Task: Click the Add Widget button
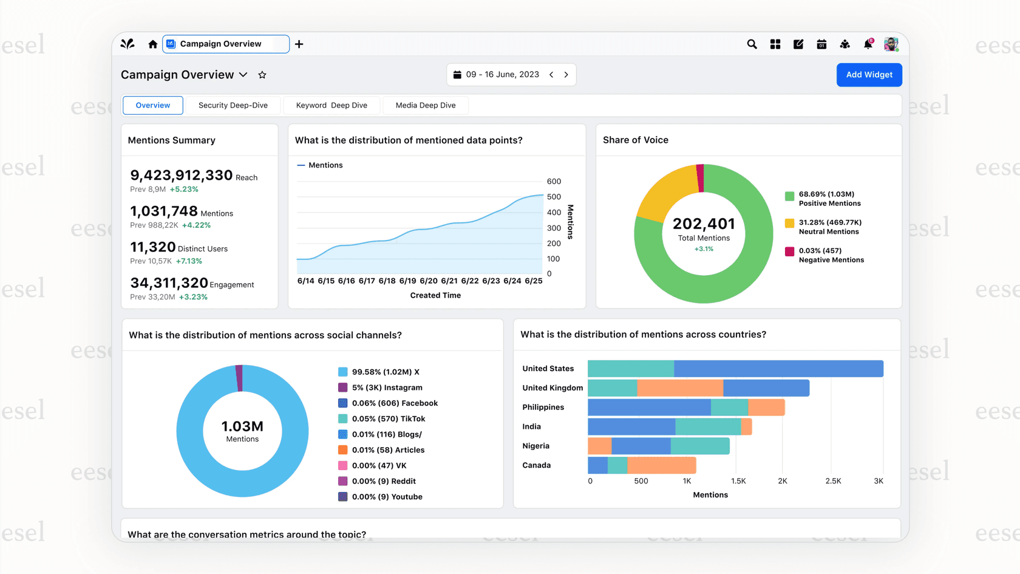869,75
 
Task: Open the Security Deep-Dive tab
233,105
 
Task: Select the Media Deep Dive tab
425,105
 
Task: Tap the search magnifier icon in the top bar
752,44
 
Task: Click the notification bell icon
868,44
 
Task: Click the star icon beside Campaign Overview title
262,75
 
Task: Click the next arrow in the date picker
566,75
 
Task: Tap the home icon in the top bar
152,44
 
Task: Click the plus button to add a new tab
299,44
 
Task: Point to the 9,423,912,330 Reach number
181,176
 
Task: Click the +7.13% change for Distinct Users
189,261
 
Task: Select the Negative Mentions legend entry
831,255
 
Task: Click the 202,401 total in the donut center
704,224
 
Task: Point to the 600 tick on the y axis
554,182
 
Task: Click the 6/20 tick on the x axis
428,281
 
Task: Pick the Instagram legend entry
387,388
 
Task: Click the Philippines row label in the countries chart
543,407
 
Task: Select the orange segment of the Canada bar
661,465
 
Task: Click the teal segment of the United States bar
630,369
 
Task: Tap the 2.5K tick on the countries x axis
833,481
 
